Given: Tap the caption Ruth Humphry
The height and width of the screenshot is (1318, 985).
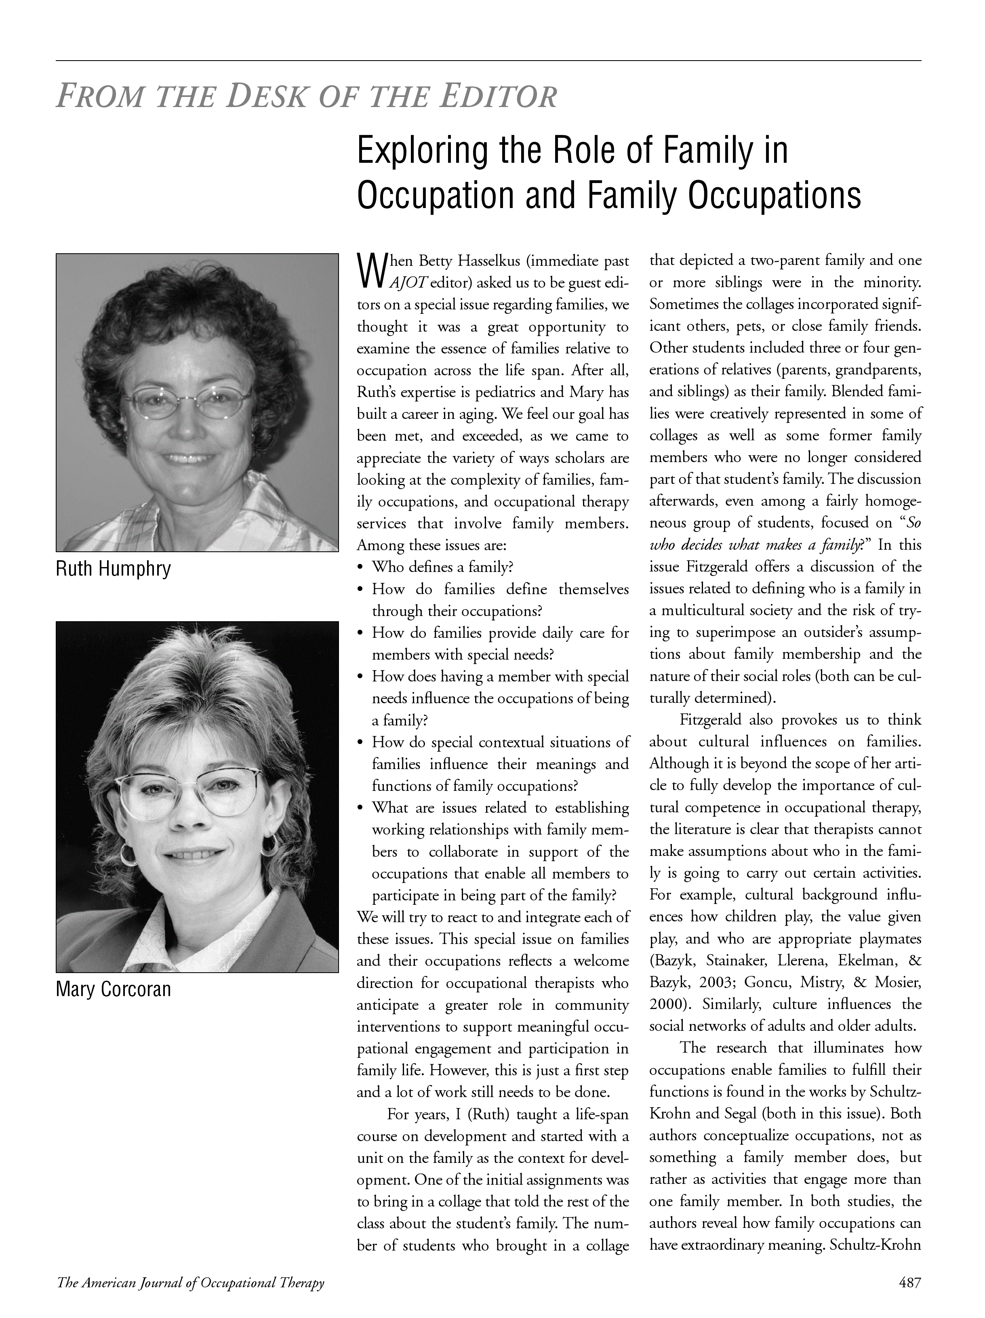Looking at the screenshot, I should pyautogui.click(x=113, y=569).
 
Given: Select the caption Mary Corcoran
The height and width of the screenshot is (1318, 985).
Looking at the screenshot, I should pyautogui.click(x=113, y=990).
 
